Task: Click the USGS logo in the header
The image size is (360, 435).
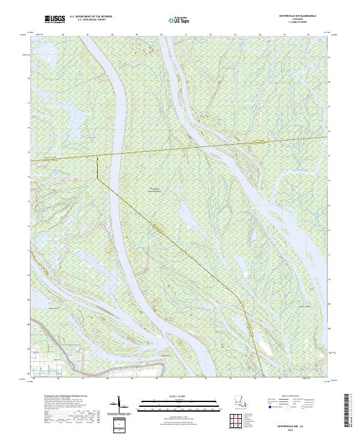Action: coord(55,20)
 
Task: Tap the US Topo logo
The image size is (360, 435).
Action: coord(178,20)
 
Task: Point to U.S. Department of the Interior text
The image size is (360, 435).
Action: coord(91,17)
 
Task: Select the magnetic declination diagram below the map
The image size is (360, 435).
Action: coord(118,405)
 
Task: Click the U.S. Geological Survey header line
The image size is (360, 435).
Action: coord(91,21)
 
